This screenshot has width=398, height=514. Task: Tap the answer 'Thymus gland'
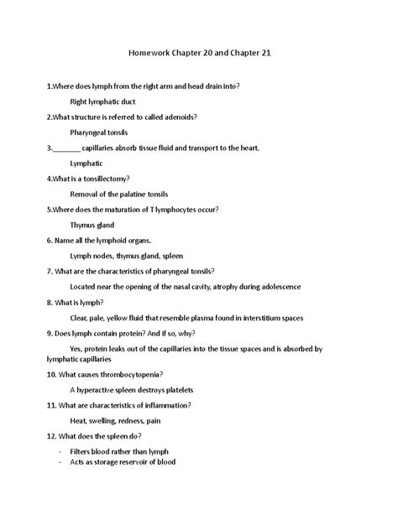point(92,225)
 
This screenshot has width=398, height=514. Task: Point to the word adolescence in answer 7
point(275,287)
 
